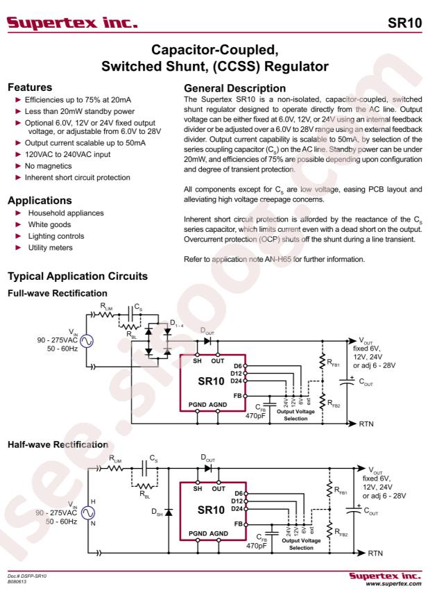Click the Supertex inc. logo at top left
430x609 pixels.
tap(73, 23)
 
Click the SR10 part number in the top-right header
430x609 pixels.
tap(404, 23)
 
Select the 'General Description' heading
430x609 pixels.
tap(234, 88)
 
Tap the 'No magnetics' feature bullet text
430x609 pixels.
tap(48, 166)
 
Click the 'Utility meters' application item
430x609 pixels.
tap(50, 247)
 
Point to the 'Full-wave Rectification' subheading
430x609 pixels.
tap(58, 293)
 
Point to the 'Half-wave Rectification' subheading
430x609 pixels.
tap(58, 444)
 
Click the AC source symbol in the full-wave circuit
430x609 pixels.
tap(87, 342)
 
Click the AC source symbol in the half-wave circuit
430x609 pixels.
tap(87, 512)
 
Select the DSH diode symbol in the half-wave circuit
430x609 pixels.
tap(169, 512)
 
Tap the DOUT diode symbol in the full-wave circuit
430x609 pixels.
tap(207, 341)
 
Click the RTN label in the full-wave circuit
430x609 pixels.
tap(366, 424)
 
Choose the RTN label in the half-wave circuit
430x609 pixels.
tap(375, 553)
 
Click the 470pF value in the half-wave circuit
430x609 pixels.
tap(257, 546)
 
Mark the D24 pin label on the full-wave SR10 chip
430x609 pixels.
tap(237, 381)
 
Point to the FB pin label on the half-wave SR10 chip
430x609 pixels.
tap(239, 524)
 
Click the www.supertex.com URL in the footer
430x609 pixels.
tap(393, 583)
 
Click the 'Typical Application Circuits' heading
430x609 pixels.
tap(78, 276)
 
